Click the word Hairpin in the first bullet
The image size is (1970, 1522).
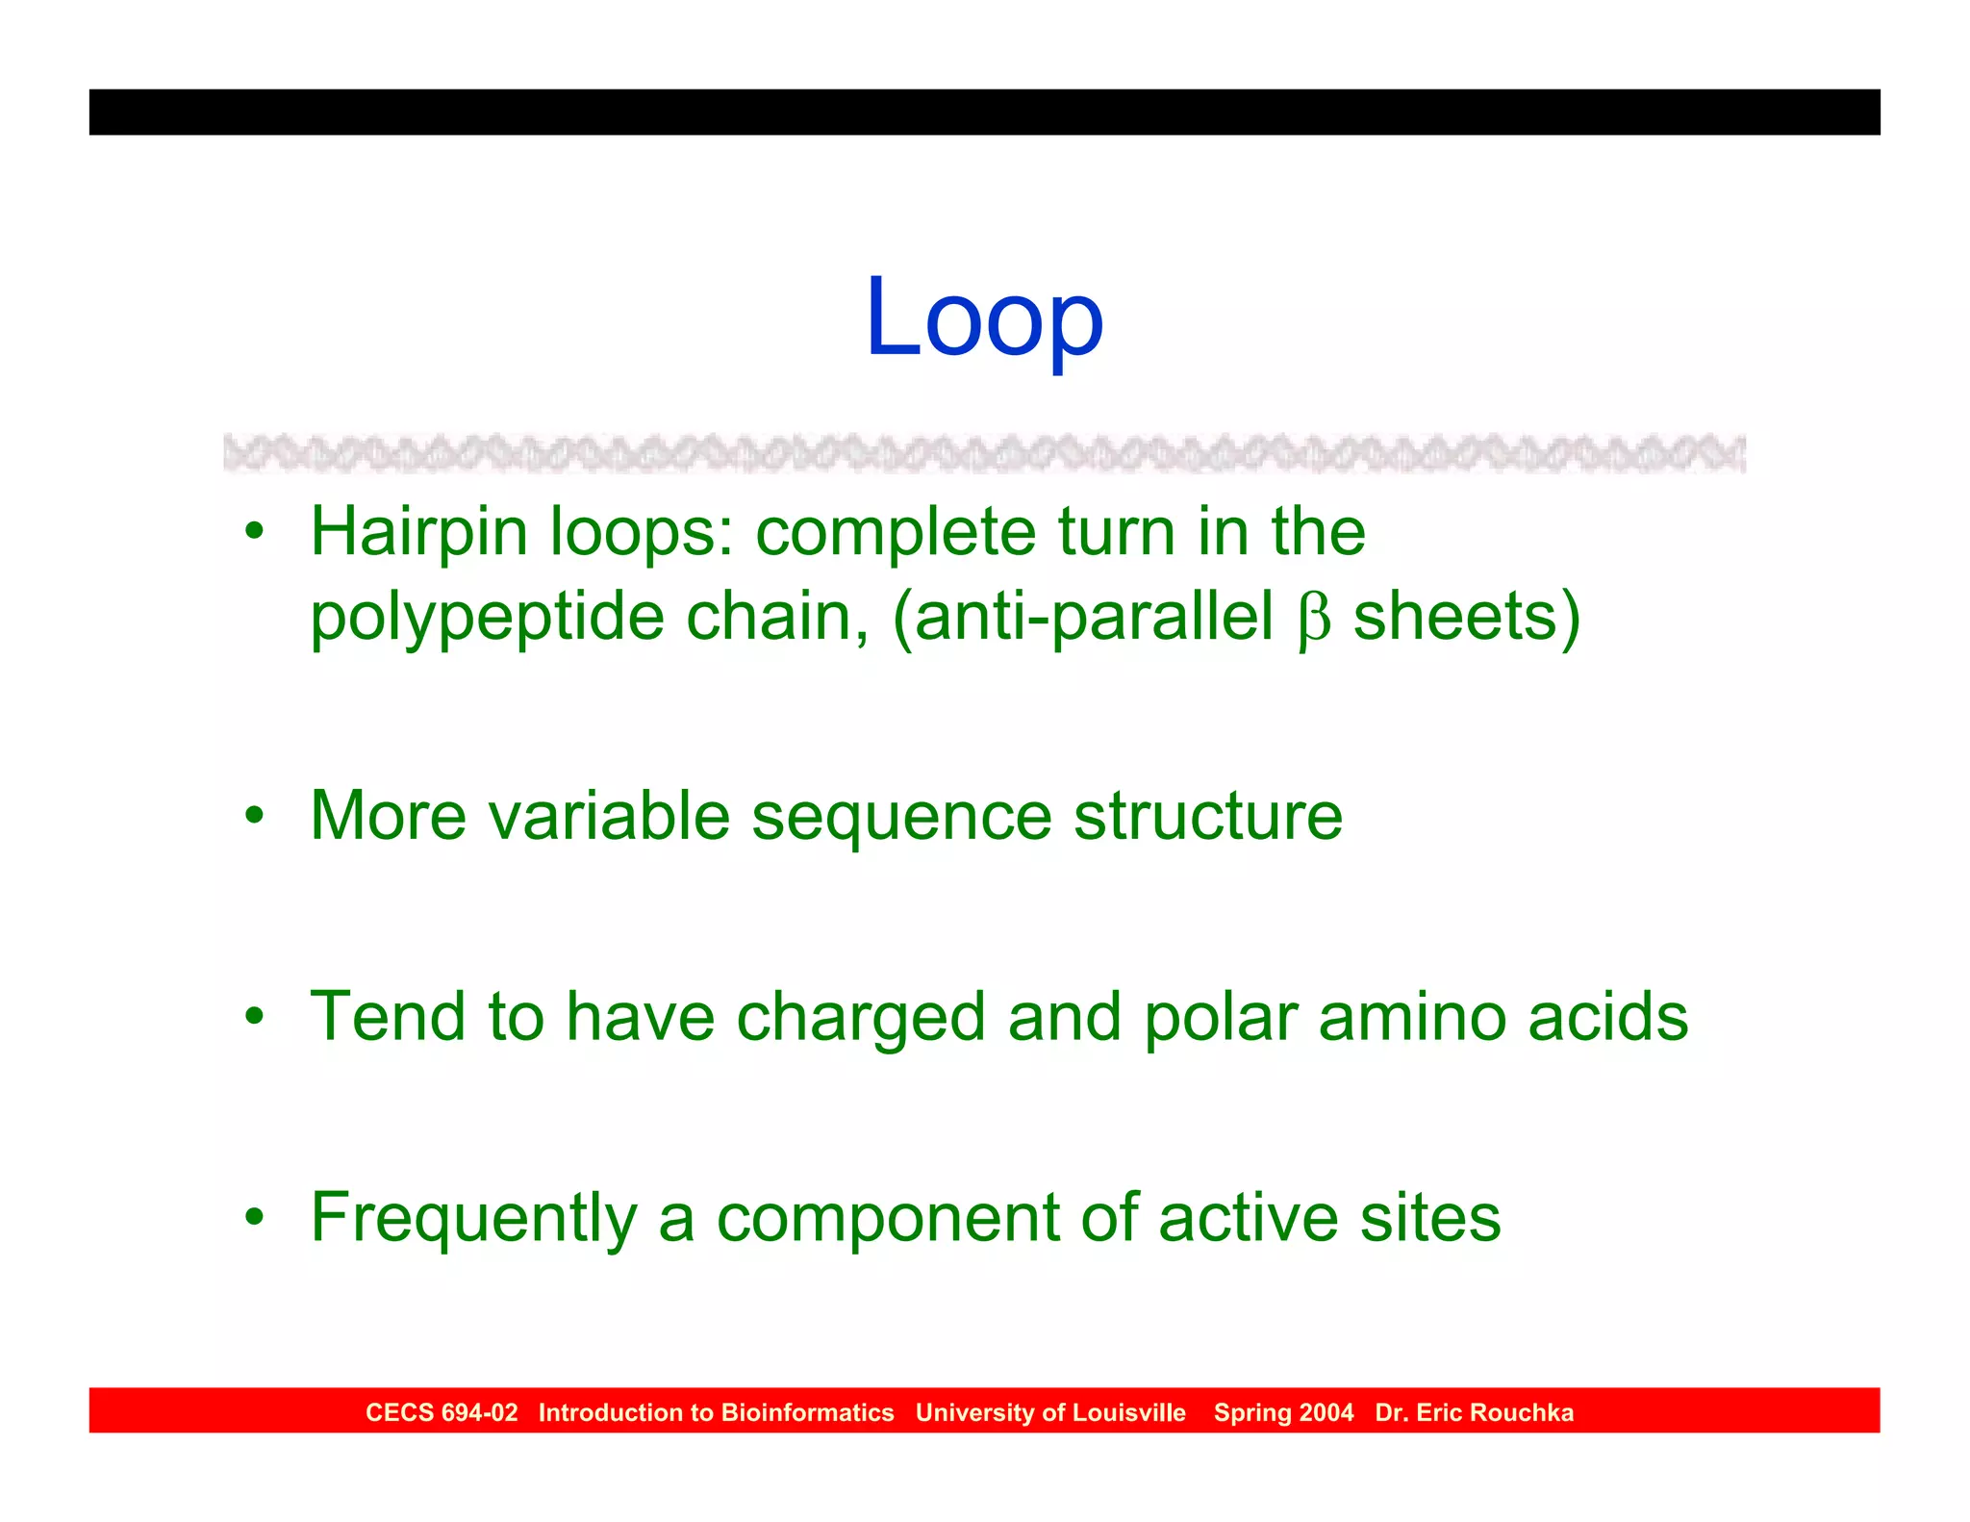418,534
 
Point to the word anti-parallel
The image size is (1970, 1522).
1094,619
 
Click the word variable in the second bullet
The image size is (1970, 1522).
609,816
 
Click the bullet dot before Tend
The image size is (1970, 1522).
254,1016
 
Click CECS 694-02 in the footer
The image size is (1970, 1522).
442,1412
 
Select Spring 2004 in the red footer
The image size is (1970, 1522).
1283,1412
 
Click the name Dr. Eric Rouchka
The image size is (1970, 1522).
1474,1412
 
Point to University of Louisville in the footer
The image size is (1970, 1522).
1050,1412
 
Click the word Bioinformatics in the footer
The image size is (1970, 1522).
807,1412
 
